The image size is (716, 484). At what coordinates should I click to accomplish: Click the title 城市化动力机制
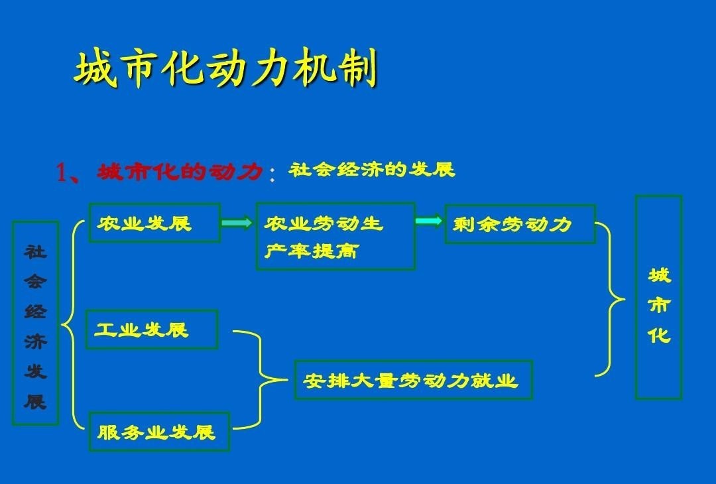point(225,68)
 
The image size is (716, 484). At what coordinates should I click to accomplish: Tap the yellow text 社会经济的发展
point(372,170)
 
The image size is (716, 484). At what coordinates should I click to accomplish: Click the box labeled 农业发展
point(154,222)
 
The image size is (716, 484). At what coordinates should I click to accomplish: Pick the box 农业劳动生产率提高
point(335,236)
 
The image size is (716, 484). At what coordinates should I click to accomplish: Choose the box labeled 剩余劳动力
point(520,223)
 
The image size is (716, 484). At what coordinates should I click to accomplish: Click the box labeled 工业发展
point(152,330)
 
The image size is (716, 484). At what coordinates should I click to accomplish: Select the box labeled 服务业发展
point(159,432)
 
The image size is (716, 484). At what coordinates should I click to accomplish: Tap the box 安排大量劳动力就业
point(413,380)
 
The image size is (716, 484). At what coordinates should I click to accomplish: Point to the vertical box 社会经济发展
point(35,324)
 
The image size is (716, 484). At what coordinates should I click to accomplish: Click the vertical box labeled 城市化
point(658,297)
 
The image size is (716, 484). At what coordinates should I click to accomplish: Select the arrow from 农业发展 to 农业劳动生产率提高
point(237,222)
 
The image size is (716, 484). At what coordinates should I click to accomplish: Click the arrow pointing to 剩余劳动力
point(429,221)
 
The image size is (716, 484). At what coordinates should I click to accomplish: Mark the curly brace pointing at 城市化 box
point(611,299)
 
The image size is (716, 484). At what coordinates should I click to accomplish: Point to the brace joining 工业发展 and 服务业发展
point(261,380)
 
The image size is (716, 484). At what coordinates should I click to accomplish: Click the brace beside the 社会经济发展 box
point(72,325)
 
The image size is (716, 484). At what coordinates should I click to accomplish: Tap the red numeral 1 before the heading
point(62,172)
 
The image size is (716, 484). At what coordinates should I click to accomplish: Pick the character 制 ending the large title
point(357,68)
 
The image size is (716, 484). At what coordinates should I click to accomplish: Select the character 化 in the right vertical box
point(659,335)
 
